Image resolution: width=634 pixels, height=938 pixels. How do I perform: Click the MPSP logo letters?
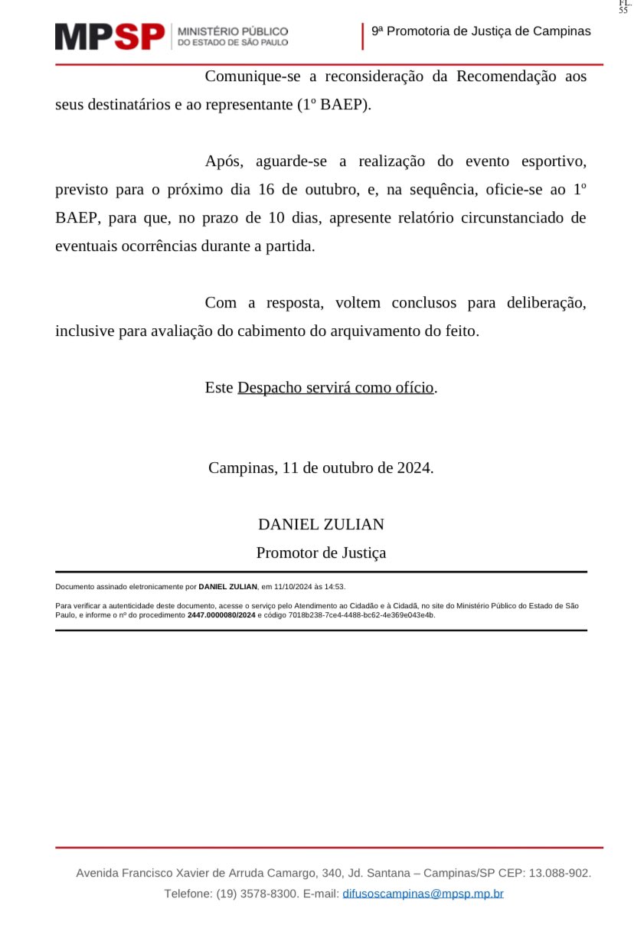109,36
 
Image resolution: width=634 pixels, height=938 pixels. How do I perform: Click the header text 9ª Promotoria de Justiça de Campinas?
481,31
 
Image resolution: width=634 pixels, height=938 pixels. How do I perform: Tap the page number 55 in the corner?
623,10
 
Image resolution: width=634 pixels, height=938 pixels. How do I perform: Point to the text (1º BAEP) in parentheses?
333,105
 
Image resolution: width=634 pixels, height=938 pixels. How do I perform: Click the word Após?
224,161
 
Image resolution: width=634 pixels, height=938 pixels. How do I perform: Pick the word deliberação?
546,303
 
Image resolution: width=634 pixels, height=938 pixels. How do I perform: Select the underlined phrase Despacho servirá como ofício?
335,387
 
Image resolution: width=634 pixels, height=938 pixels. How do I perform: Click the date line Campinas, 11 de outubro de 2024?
321,467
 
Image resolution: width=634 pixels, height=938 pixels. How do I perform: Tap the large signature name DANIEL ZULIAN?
321,524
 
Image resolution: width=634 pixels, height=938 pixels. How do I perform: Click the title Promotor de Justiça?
321,552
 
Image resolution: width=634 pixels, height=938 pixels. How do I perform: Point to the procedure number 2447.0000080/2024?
221,615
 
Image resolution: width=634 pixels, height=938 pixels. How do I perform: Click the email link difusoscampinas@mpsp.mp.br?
423,894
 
